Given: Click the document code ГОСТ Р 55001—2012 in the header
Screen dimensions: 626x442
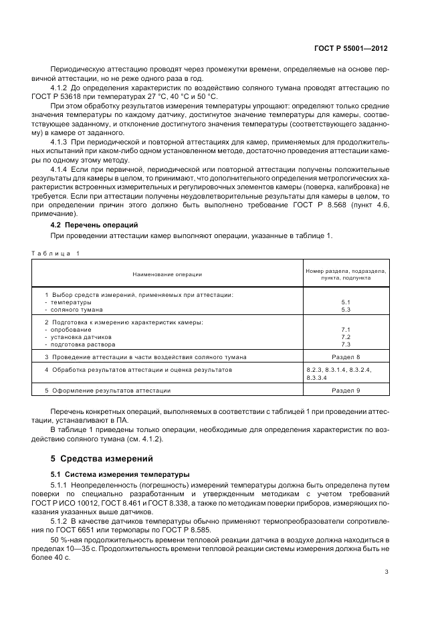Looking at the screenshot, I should pos(355,49).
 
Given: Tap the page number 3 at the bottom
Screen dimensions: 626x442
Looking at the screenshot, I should pos(386,572).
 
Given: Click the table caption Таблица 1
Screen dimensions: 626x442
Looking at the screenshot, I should pos(56,253).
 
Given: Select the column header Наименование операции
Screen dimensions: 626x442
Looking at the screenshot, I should pos(167,274).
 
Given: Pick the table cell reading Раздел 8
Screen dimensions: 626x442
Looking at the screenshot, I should pos(346,357).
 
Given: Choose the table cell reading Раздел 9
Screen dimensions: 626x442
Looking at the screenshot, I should pos(346,390).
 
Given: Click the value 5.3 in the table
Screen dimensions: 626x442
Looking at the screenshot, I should pos(346,310).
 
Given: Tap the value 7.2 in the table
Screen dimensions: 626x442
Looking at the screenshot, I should pos(346,336).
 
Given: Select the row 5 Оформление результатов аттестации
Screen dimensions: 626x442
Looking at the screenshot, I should pos(107,390).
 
